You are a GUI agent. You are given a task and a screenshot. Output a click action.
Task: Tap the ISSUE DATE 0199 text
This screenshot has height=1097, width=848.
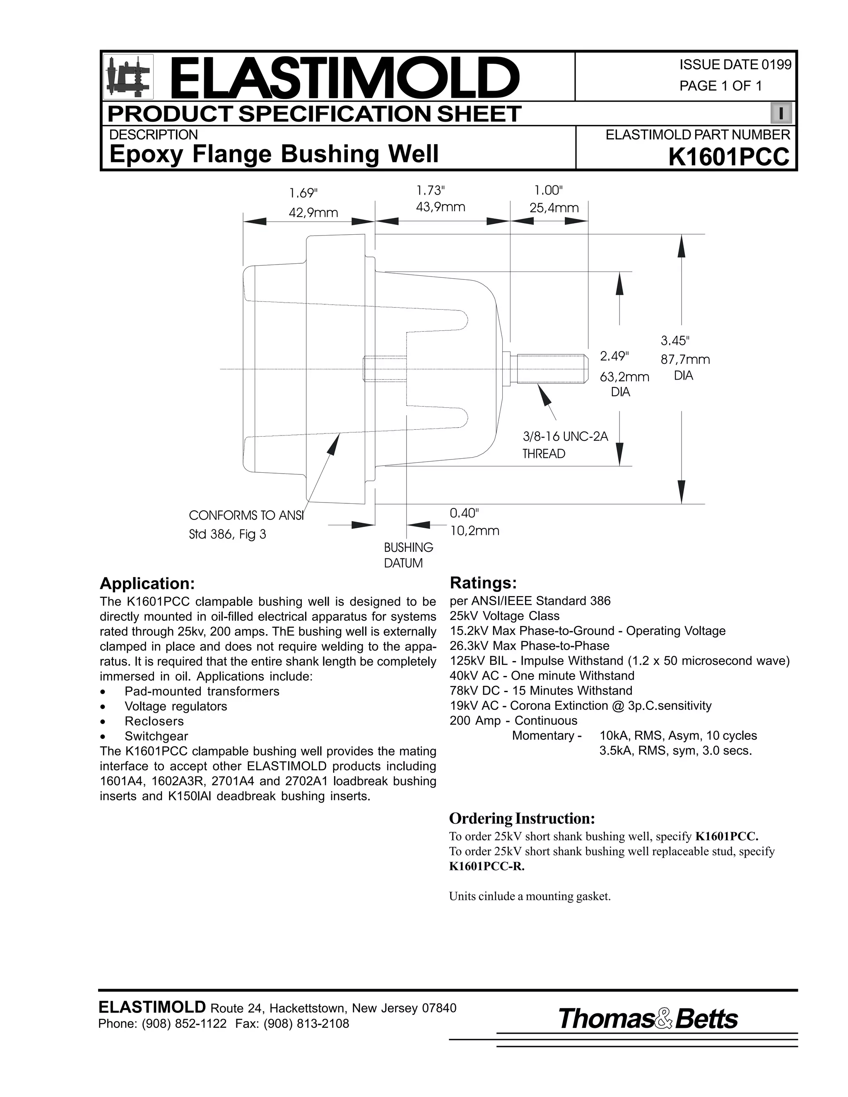tap(735, 65)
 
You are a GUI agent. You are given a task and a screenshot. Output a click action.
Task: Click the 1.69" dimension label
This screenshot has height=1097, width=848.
tap(304, 193)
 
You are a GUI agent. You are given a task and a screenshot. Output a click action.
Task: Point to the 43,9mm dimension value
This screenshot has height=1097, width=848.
tap(441, 207)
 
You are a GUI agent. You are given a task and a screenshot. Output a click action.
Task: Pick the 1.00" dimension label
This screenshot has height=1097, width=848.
tap(549, 190)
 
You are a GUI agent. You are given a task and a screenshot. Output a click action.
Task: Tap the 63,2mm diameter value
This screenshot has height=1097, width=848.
tap(624, 377)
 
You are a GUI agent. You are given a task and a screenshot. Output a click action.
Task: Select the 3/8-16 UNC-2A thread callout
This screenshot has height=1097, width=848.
tap(565, 436)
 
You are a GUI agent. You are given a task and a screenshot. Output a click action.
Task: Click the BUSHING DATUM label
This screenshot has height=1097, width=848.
tap(408, 555)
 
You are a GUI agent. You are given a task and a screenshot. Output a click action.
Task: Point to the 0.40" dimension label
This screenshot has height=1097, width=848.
tap(464, 513)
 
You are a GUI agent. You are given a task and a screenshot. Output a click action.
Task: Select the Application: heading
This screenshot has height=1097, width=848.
tap(147, 584)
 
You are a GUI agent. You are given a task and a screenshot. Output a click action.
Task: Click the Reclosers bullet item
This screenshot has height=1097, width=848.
tap(154, 721)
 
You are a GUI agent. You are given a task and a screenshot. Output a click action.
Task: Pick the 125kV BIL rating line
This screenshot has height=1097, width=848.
tap(619, 661)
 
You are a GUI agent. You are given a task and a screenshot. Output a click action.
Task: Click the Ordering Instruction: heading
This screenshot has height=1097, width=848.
tap(521, 819)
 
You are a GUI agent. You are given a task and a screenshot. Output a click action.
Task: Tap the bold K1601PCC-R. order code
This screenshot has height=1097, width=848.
tap(486, 866)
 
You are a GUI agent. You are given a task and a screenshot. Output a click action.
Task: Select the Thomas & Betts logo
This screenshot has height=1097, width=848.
tap(648, 1019)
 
